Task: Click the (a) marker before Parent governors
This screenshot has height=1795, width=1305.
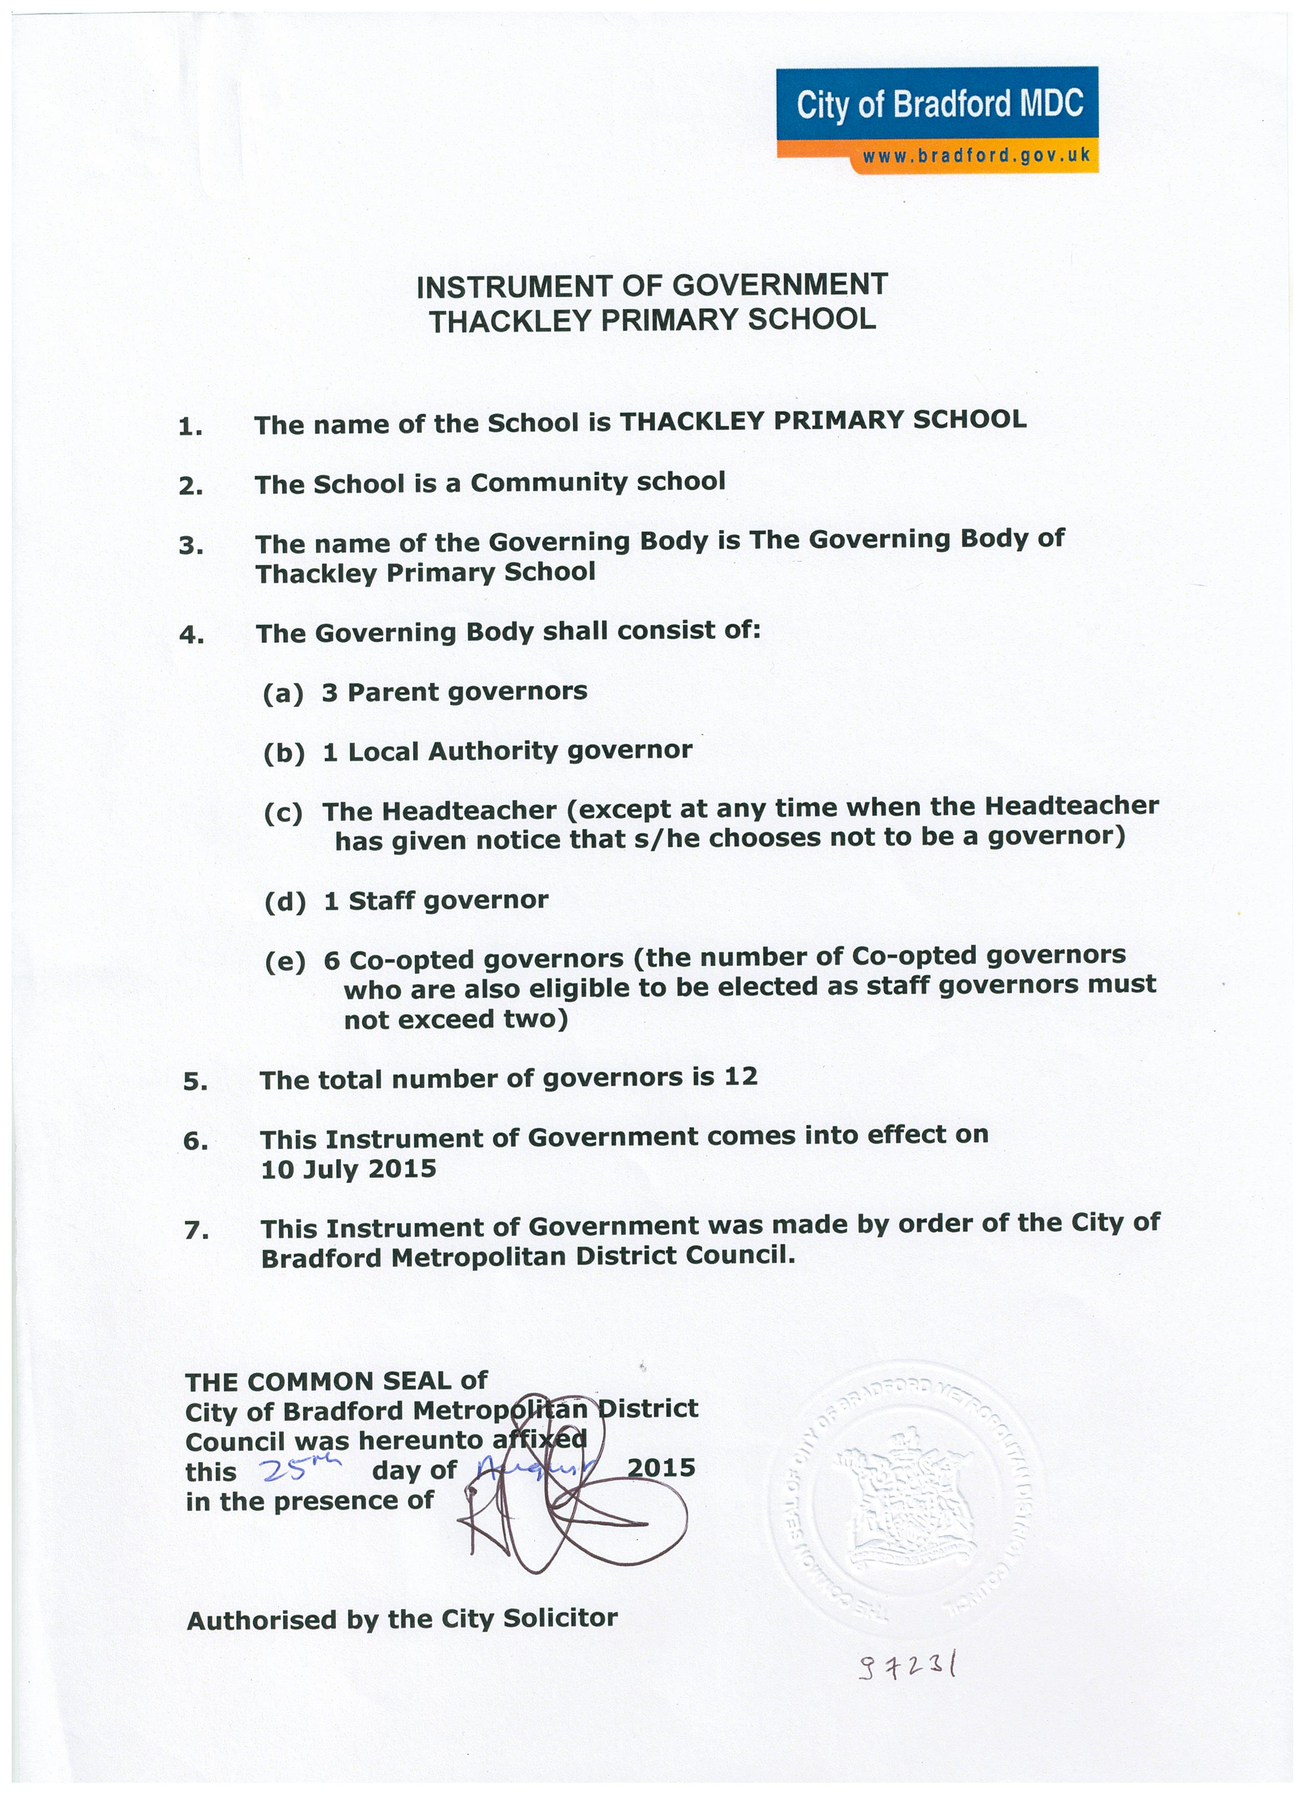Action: [284, 694]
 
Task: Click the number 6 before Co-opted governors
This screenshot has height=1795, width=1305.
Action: [332, 960]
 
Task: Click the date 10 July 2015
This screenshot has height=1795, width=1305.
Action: [348, 1169]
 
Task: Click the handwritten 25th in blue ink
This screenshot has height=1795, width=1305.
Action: [297, 1469]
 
